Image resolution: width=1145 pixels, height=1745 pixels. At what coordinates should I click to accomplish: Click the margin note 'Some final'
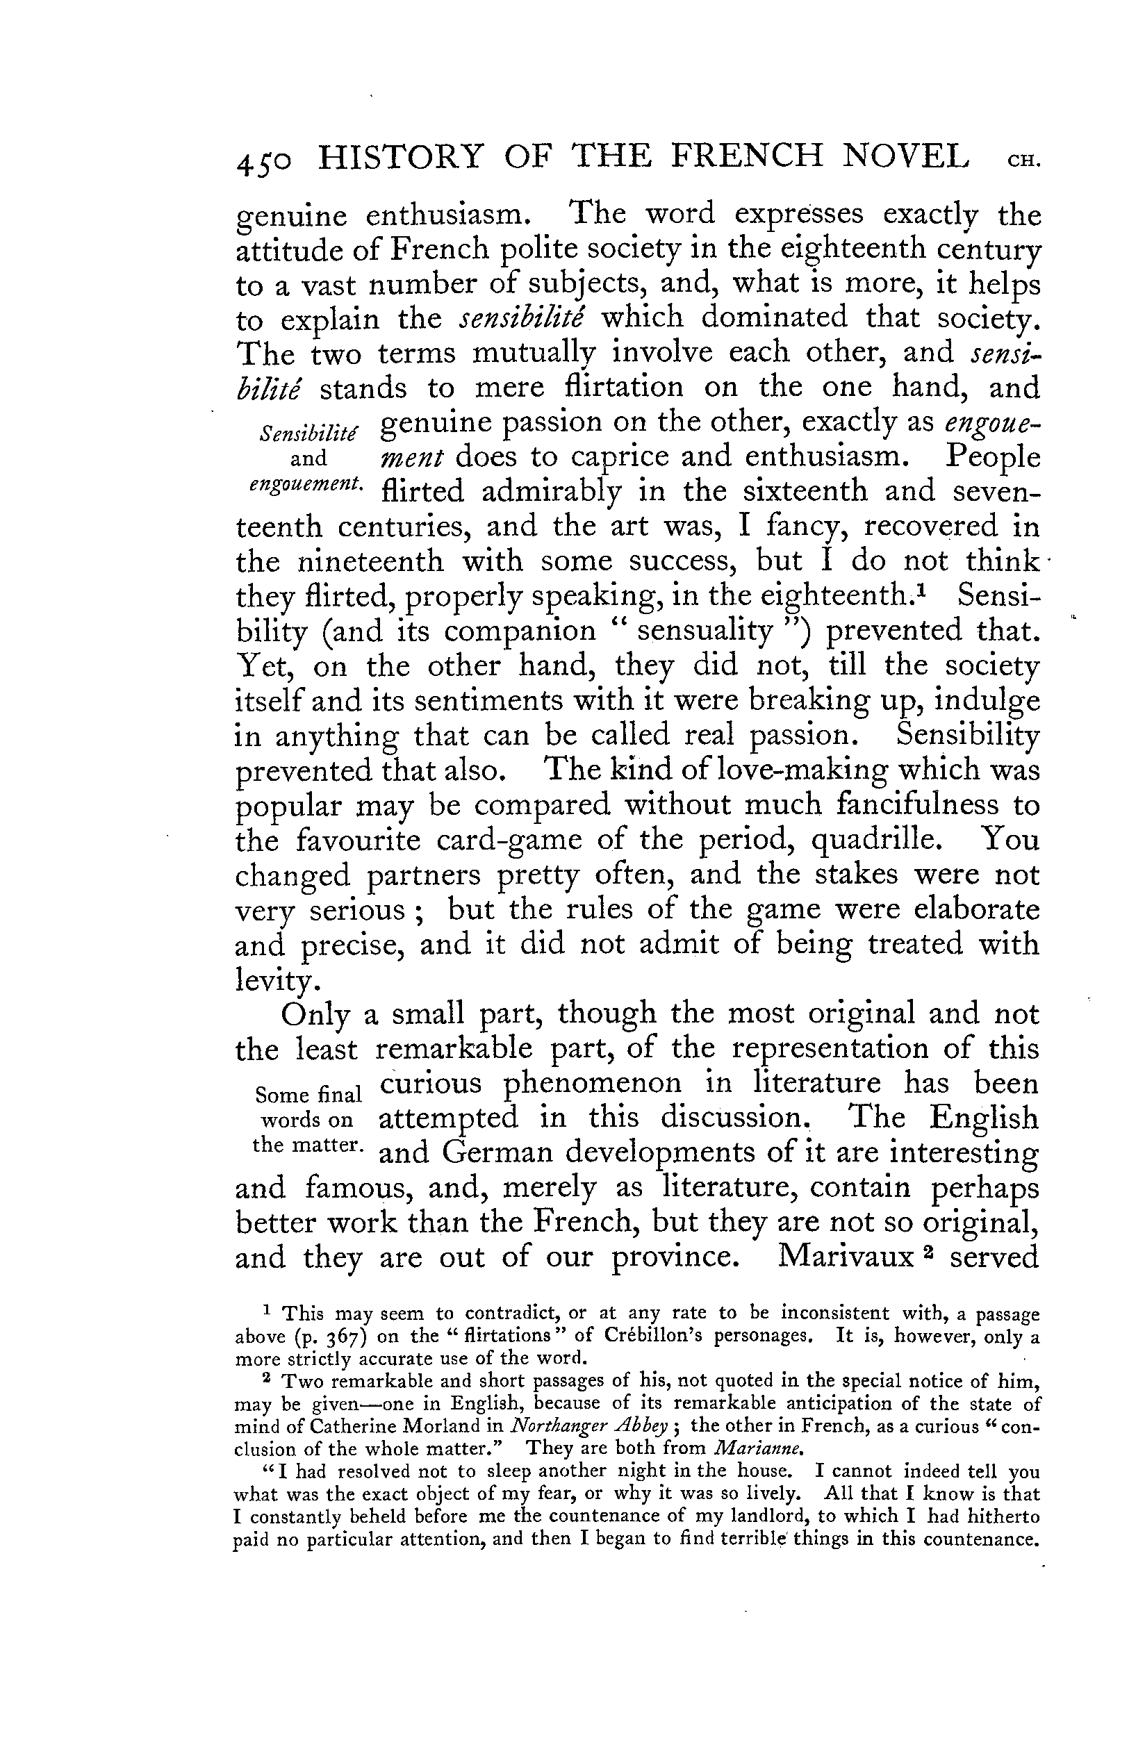[x=307, y=1094]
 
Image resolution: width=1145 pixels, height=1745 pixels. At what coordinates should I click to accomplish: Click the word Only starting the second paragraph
[x=313, y=1016]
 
